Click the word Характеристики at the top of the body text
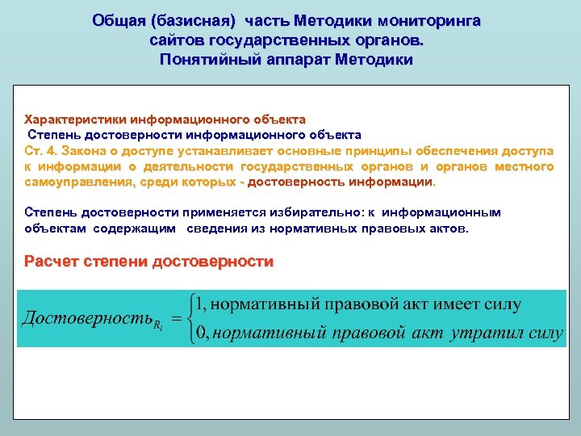click(x=77, y=119)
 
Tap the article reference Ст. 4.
click(x=41, y=151)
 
